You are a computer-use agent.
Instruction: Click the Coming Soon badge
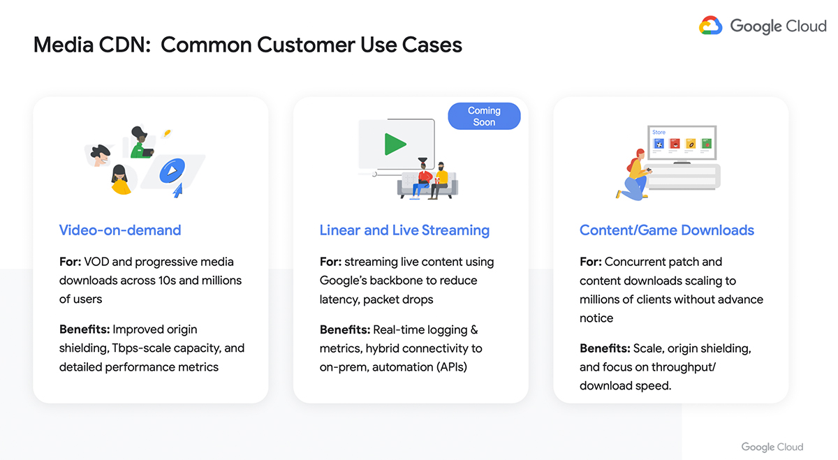(484, 117)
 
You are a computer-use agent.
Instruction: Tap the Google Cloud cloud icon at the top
(710, 25)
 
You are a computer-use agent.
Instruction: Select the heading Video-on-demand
(120, 230)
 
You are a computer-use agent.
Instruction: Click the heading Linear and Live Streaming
(404, 230)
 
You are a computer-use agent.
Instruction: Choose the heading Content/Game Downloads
(667, 230)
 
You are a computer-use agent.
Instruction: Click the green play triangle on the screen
(395, 144)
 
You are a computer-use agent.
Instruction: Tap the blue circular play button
(172, 170)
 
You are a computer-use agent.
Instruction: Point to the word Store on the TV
(659, 132)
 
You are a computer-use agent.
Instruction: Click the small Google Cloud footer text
(772, 447)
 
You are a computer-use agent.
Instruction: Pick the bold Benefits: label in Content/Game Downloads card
(605, 348)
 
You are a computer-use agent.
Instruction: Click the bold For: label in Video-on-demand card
(70, 262)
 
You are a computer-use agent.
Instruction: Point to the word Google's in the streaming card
(343, 281)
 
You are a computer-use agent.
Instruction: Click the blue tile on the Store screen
(659, 144)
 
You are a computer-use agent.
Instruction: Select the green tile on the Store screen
(706, 144)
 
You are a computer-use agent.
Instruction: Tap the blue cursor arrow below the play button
(177, 191)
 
